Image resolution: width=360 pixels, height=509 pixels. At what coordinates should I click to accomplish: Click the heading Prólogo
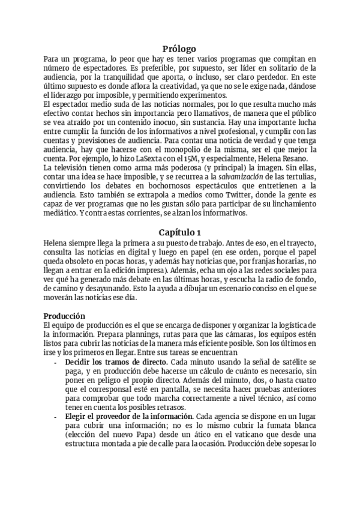pos(179,49)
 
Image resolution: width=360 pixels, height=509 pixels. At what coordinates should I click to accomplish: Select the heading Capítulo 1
pos(179,232)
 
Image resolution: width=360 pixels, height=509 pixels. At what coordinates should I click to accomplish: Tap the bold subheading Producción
pos(65,316)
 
